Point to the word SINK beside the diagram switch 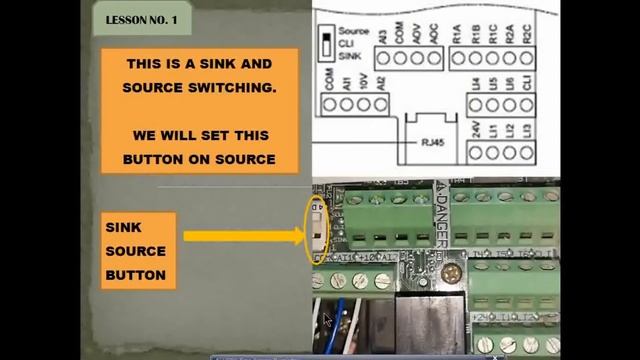(348, 56)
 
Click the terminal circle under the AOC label (431, 59)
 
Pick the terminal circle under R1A (458, 59)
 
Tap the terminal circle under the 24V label (474, 152)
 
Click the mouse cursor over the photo (326, 320)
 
